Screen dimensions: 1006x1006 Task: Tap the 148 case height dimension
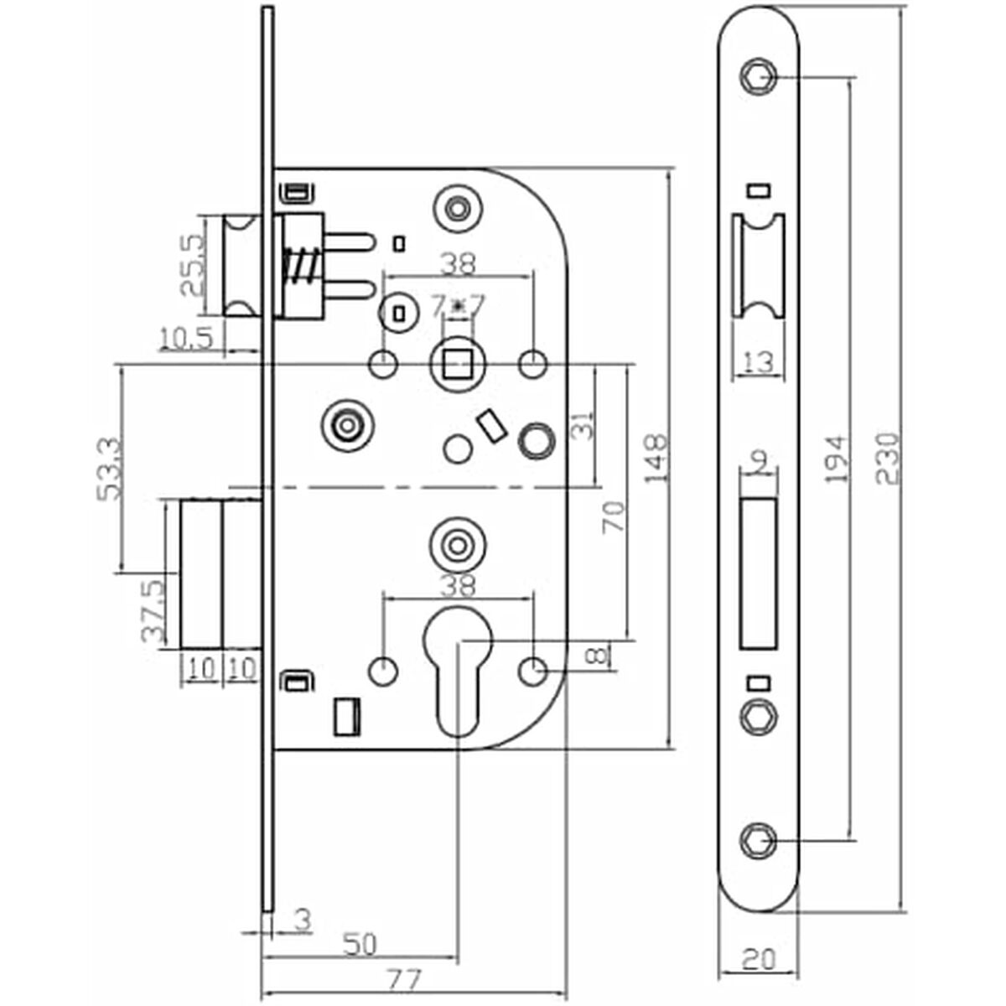pos(656,459)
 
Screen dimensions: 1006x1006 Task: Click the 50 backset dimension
pos(360,946)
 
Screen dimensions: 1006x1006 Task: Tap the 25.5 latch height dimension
pos(192,265)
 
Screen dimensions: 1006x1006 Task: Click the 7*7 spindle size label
pos(458,307)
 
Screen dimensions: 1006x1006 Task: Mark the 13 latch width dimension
pos(758,362)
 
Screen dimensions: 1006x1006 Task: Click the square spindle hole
pos(458,365)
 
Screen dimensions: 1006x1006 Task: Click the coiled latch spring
pos(298,267)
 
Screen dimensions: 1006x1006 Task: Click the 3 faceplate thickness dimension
pos(303,919)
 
